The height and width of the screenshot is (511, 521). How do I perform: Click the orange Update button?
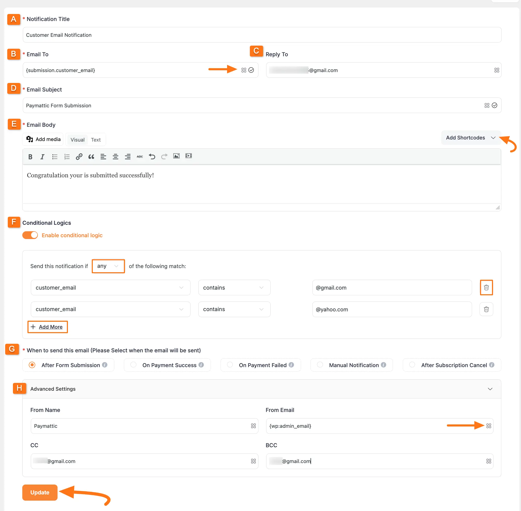click(x=40, y=492)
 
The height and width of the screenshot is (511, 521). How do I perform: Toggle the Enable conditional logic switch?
click(x=30, y=235)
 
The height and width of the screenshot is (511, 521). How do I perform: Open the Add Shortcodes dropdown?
click(x=470, y=138)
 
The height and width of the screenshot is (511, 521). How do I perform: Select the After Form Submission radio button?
click(x=32, y=365)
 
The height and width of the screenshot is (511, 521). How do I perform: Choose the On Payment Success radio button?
click(x=133, y=365)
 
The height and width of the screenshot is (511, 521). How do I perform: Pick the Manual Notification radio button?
click(x=320, y=365)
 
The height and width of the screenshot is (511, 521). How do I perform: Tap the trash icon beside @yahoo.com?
click(x=486, y=309)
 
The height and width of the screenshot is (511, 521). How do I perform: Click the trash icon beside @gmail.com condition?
click(x=486, y=288)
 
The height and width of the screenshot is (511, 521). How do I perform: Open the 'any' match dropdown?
click(x=108, y=266)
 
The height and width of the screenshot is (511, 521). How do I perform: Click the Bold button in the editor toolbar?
click(x=30, y=157)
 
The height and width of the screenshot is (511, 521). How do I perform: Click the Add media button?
click(x=43, y=139)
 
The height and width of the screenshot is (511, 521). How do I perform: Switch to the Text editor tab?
click(x=96, y=140)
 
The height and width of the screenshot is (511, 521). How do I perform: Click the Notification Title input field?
click(x=262, y=35)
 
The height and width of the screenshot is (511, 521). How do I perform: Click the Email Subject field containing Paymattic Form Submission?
click(x=252, y=106)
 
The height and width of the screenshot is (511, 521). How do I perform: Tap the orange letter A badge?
click(x=14, y=19)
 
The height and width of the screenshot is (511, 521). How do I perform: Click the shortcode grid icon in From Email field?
click(x=489, y=426)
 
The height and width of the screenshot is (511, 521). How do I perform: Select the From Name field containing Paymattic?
click(x=139, y=426)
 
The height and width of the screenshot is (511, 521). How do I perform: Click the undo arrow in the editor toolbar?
click(x=152, y=157)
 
